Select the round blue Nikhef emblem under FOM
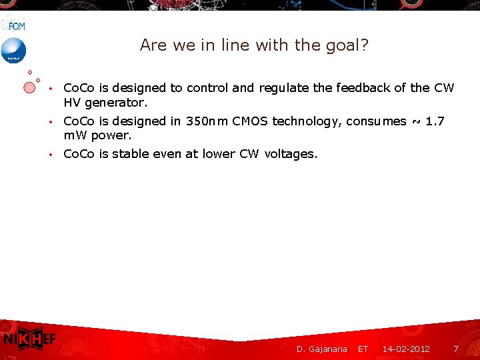tap(13, 51)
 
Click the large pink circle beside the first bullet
tap(29, 87)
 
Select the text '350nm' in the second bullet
tap(207, 121)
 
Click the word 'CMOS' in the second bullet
tap(249, 121)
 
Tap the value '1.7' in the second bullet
tap(435, 121)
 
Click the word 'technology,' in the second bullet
tap(306, 122)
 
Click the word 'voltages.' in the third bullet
tap(291, 155)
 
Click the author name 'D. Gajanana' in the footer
tap(322, 349)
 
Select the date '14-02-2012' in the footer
tap(406, 349)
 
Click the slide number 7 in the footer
tap(456, 349)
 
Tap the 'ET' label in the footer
tap(363, 349)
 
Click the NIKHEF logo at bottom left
tap(29, 339)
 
